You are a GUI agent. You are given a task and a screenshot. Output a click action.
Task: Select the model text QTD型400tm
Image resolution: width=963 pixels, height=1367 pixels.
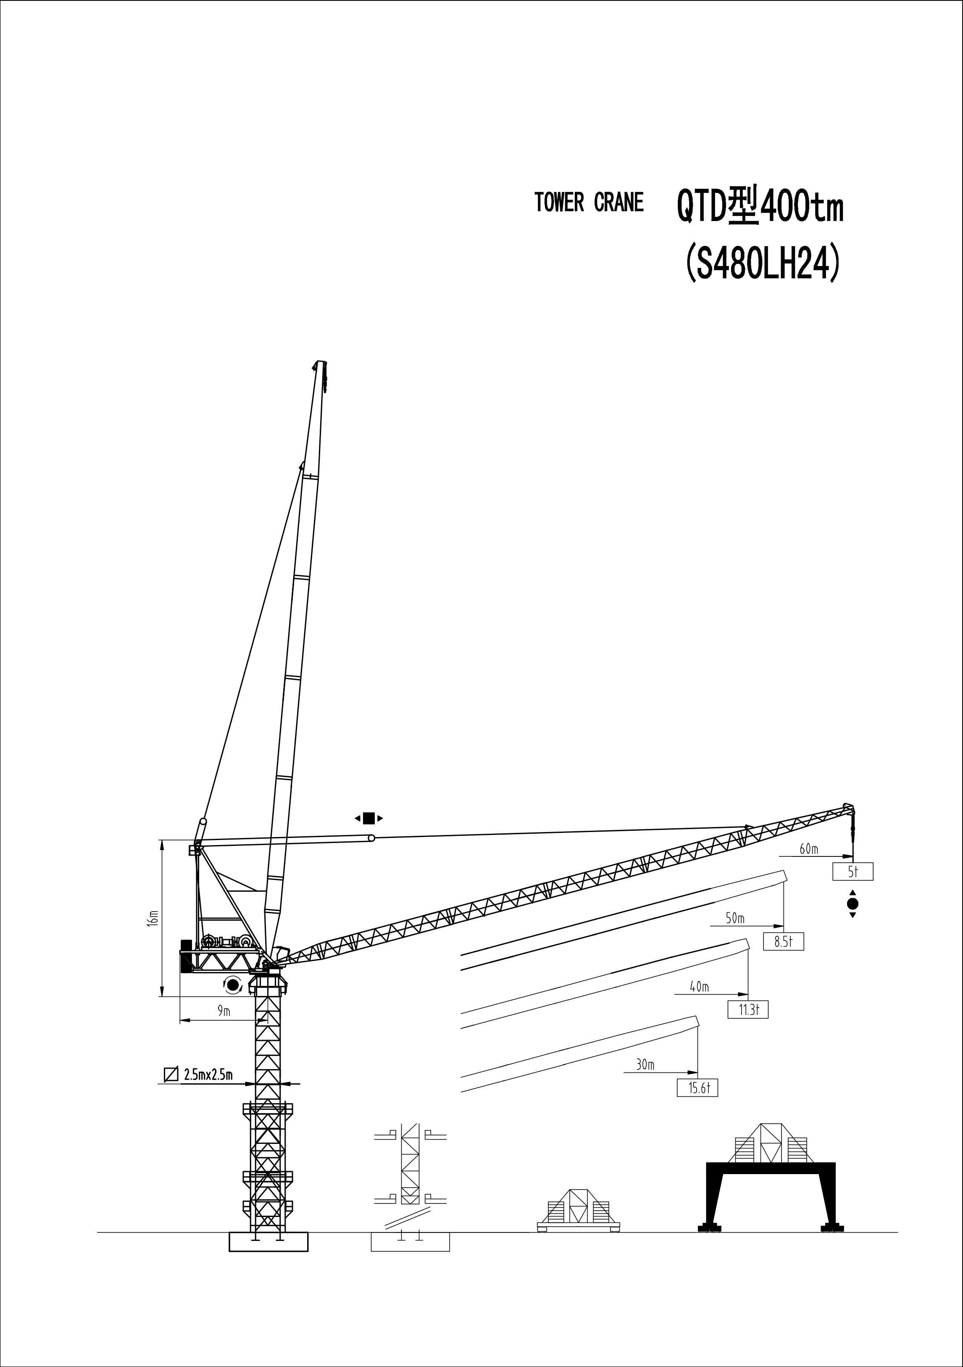coord(760,207)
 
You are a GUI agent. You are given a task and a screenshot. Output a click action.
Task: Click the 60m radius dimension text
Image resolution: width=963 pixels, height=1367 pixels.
coord(809,849)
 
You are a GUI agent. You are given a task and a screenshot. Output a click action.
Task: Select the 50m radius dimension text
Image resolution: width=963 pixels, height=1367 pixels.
coord(735,919)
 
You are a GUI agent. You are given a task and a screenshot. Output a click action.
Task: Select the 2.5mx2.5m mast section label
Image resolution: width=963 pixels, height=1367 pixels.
coord(208,1075)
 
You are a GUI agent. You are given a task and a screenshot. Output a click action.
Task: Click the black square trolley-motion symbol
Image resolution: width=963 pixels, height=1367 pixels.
coord(368,818)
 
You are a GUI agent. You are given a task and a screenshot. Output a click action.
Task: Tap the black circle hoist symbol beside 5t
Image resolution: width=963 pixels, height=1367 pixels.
coord(852,904)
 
